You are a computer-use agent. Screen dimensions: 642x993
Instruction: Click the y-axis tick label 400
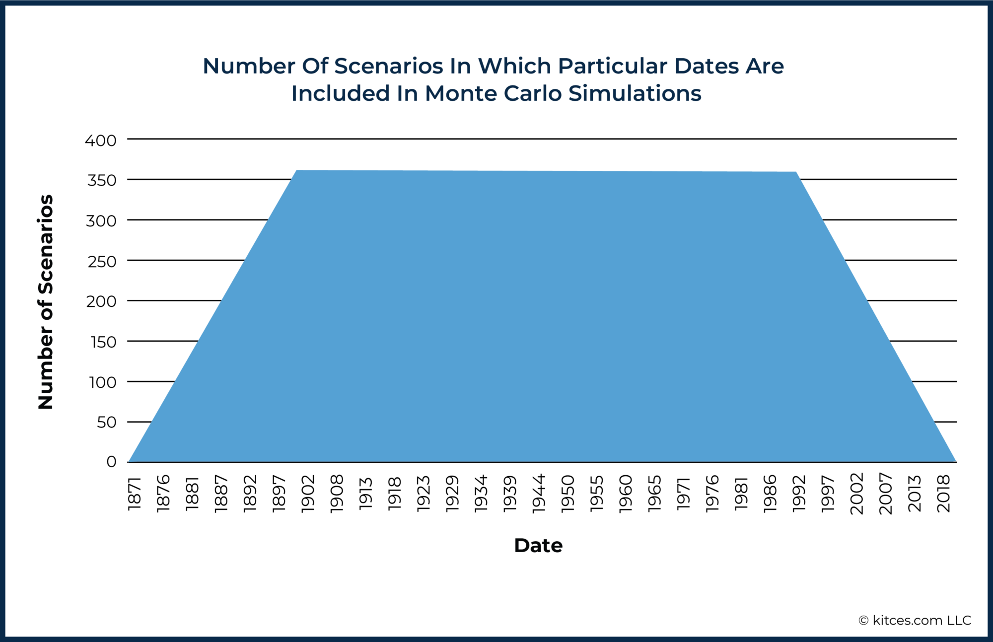click(101, 141)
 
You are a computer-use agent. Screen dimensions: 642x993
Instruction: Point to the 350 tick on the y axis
click(102, 180)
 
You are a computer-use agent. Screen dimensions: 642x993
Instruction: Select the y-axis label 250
click(102, 261)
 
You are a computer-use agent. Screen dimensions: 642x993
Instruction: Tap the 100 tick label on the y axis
click(103, 382)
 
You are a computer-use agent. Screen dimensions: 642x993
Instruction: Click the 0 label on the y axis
click(111, 462)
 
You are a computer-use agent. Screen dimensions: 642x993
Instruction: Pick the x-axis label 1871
click(135, 494)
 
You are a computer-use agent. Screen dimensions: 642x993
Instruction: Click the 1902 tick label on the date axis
click(308, 493)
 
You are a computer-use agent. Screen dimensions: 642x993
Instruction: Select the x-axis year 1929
click(453, 493)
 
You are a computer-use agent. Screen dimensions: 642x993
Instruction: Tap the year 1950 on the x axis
click(568, 493)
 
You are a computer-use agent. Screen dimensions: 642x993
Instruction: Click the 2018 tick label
click(943, 493)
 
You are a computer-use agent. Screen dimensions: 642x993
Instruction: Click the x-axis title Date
click(538, 546)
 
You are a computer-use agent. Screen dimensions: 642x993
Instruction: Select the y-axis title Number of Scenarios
click(46, 302)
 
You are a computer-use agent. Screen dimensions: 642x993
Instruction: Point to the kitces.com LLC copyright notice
click(915, 620)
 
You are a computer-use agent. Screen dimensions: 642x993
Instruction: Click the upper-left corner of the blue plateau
click(296, 171)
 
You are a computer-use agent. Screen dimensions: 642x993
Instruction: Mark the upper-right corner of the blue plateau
click(796, 172)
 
